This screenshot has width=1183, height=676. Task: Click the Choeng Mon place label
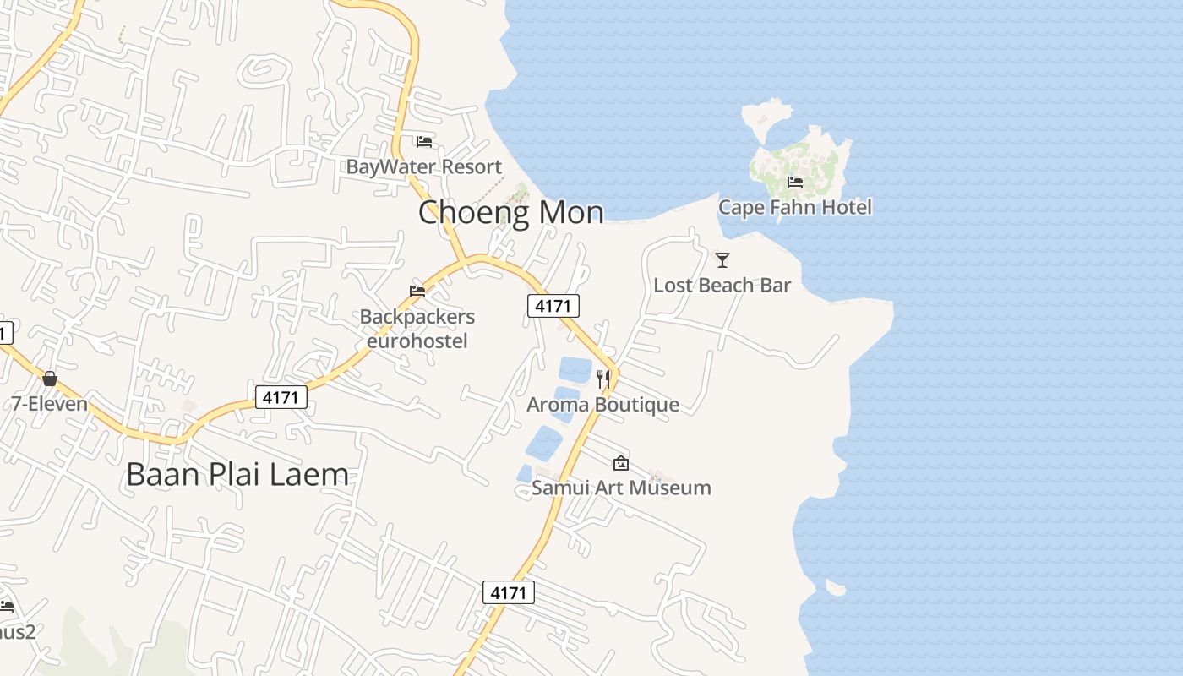tap(511, 212)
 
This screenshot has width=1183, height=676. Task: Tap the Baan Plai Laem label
tap(237, 474)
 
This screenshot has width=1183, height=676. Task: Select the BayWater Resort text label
tap(424, 166)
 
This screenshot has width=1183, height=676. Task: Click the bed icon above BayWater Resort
tap(424, 142)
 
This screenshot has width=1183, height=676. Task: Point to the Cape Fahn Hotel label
tap(795, 207)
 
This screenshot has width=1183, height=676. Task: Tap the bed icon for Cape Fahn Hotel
tap(795, 182)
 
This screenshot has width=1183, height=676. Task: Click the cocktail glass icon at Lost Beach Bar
tap(722, 259)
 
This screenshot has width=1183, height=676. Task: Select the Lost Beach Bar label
tap(722, 285)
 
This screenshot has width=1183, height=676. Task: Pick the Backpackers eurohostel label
tap(417, 329)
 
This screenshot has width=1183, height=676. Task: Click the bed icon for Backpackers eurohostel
tap(417, 292)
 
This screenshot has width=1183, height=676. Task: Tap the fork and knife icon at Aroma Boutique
tap(603, 379)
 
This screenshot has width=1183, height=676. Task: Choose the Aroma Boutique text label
tap(603, 404)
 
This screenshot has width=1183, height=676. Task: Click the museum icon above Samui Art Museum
tap(621, 462)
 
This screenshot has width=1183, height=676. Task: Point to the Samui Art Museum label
tap(621, 488)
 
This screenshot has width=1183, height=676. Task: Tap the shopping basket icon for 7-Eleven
tap(50, 379)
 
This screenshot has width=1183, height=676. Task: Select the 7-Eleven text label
tap(50, 404)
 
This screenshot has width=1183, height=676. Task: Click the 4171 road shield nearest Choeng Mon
tap(553, 305)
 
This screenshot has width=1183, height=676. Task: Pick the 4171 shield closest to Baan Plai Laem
tap(281, 396)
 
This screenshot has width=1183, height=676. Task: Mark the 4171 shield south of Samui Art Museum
tap(509, 592)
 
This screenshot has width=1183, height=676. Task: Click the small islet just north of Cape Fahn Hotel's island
tap(766, 115)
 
